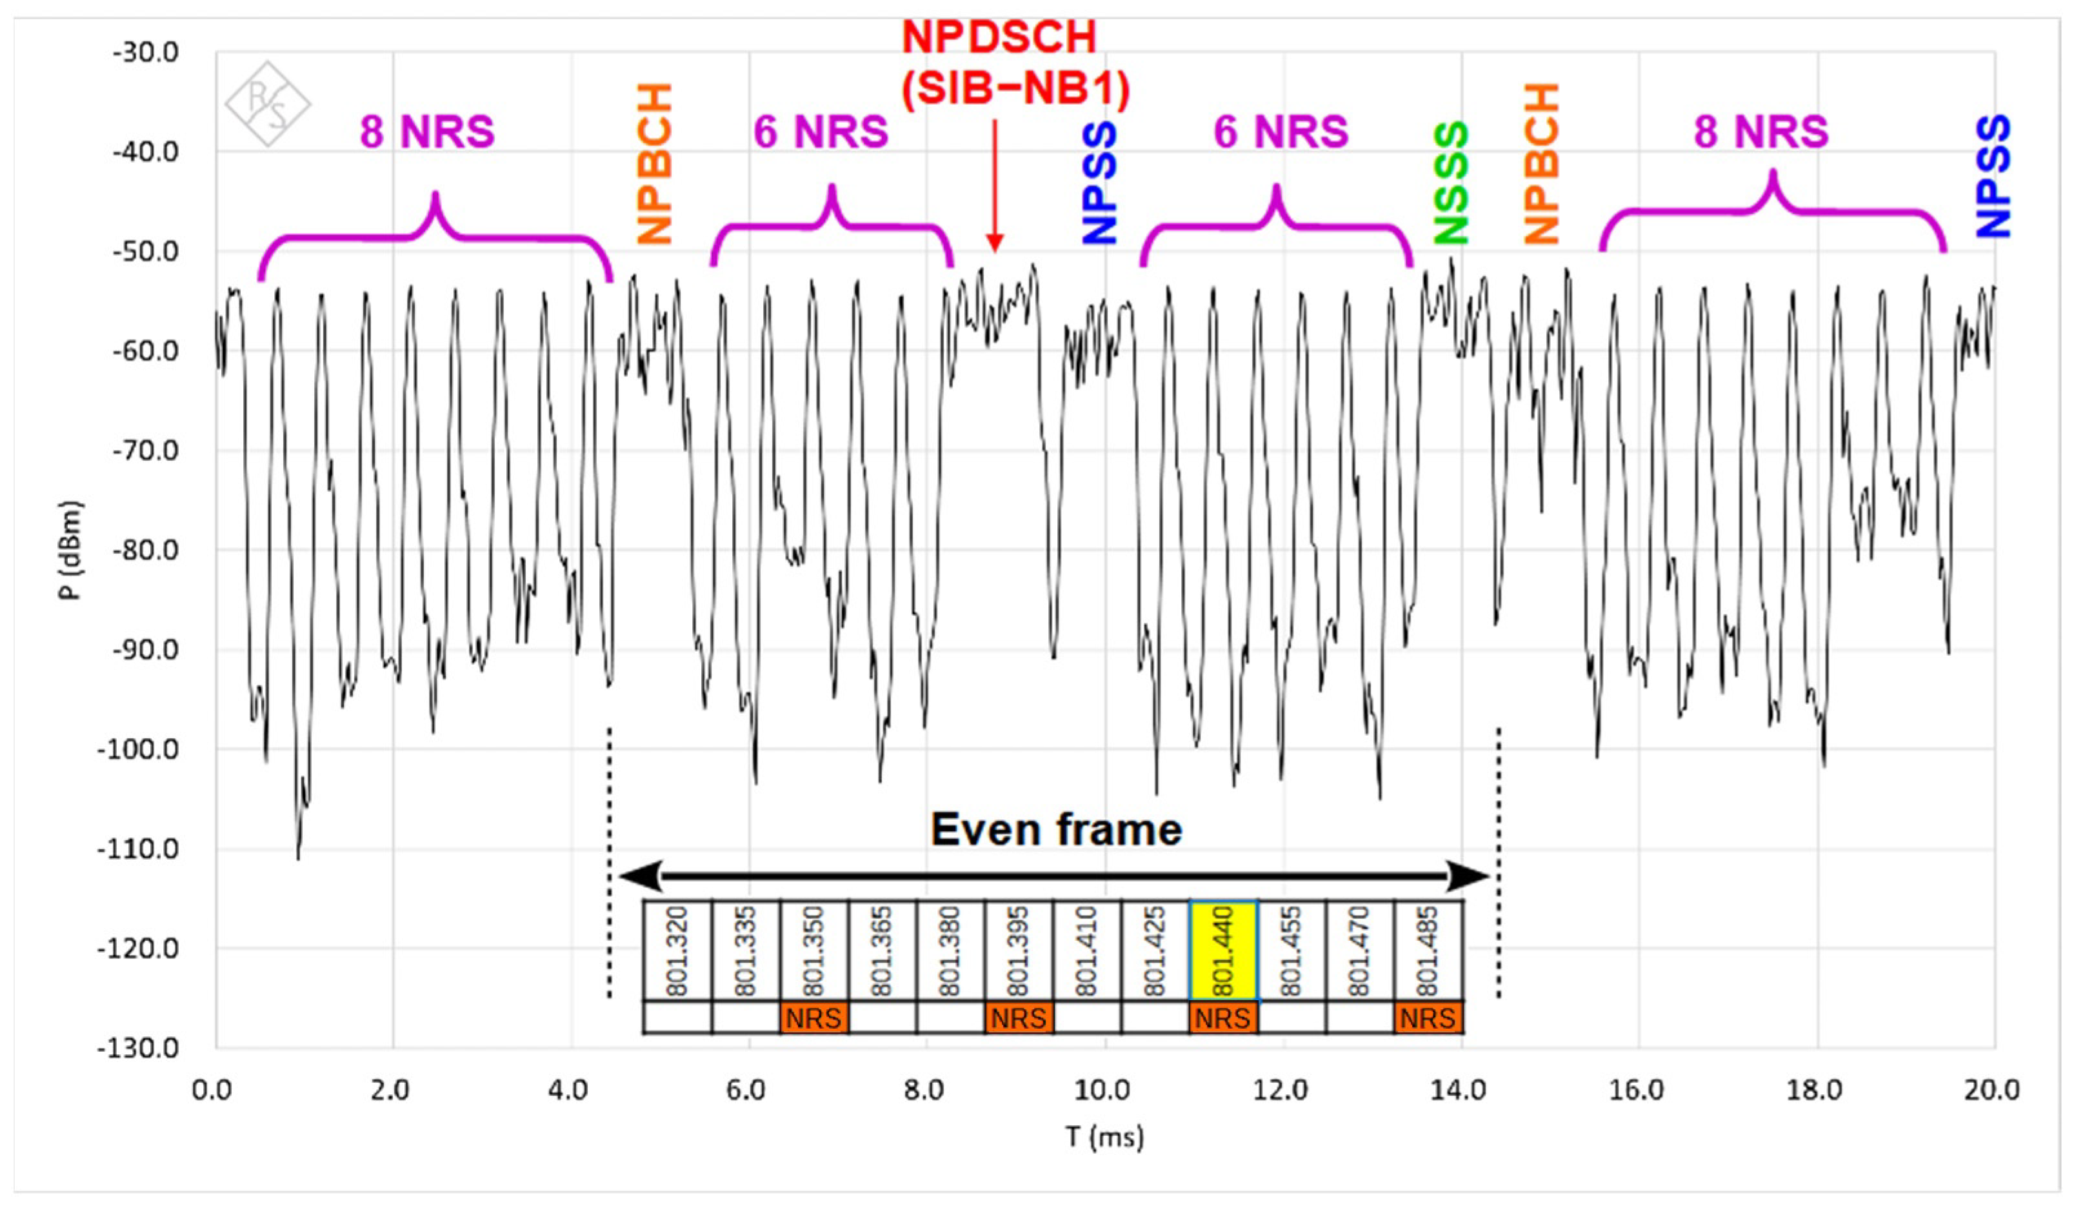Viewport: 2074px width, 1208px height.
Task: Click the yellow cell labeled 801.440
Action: [1223, 951]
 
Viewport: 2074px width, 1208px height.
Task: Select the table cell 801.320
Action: [677, 951]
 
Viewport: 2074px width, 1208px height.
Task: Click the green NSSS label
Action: [1451, 183]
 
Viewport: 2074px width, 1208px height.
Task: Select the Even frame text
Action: [1056, 829]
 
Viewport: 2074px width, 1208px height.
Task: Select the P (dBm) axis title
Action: [72, 550]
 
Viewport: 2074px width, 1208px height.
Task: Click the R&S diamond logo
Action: [268, 105]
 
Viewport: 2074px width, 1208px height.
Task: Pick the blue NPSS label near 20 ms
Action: [1993, 177]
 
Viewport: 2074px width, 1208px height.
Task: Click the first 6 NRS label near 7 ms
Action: [821, 132]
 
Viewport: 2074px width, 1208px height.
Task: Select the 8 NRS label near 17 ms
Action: [1760, 132]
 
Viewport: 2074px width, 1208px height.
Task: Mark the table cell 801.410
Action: [1086, 951]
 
